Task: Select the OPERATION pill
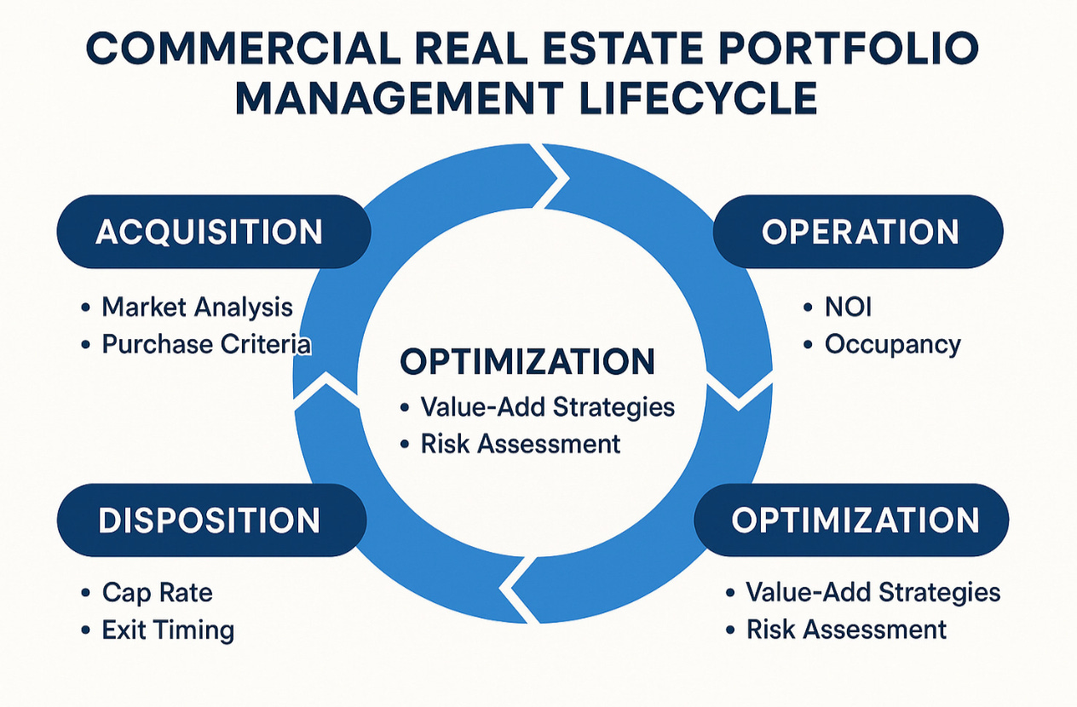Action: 859,232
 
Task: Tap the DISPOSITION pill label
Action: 210,520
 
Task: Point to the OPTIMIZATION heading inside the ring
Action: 527,362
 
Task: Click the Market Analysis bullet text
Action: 197,307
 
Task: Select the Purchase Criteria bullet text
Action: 206,343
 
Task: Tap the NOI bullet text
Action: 849,307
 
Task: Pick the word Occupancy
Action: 892,343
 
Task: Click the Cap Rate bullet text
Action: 157,592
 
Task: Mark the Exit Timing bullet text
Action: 168,629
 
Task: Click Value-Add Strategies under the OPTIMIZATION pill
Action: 873,592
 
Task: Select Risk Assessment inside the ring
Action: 521,443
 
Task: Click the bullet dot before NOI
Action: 809,308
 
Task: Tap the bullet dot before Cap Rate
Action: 85,594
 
